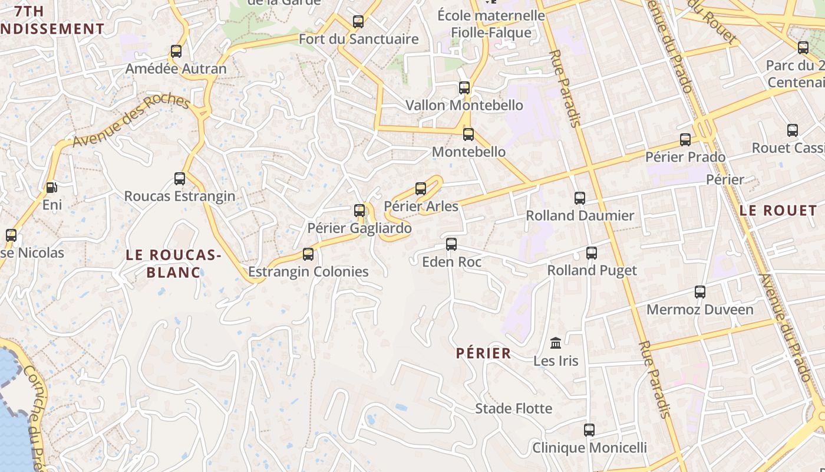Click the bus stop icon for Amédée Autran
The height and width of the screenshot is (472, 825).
(176, 51)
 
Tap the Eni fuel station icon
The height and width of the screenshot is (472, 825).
(52, 188)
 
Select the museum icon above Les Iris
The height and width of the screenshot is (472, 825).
(556, 343)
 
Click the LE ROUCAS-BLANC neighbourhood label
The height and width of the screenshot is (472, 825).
(173, 263)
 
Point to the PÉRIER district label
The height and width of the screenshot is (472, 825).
(484, 353)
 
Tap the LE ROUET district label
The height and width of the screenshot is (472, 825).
(778, 211)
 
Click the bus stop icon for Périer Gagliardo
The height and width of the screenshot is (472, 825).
(359, 211)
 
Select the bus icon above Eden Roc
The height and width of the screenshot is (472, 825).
(451, 244)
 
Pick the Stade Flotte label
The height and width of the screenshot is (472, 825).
(514, 408)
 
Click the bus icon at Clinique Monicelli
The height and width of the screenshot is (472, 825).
(589, 430)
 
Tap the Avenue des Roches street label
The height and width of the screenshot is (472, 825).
(131, 121)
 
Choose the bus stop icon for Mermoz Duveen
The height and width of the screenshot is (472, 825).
(700, 292)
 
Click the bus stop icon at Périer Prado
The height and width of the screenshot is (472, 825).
(685, 140)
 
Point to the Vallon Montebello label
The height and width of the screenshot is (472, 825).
(464, 106)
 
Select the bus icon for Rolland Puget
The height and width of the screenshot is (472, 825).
(592, 253)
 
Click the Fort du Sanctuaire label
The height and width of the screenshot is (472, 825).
(358, 40)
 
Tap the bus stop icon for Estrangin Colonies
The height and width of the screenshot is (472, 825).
(308, 254)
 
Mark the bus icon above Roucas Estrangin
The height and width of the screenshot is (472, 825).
(180, 179)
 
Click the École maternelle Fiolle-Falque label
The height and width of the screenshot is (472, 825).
(491, 24)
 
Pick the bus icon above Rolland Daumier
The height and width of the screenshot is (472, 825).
(580, 198)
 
